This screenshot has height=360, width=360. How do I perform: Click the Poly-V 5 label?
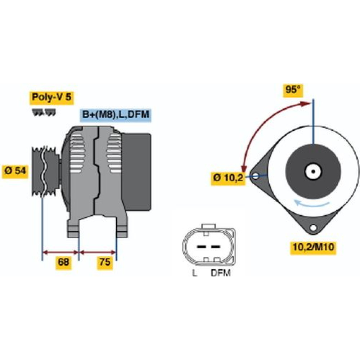51,97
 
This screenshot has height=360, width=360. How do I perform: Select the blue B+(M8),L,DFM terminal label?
116,115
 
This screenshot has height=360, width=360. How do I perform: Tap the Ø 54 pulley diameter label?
15,171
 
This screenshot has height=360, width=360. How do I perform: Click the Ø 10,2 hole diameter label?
228,178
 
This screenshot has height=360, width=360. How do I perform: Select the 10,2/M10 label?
313,248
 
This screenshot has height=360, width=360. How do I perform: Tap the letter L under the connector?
194,273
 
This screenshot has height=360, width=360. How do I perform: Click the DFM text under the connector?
220,273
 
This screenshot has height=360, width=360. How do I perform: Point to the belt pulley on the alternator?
45,171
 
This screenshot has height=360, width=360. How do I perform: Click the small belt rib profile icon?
44,112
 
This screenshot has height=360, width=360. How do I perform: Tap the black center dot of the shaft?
313,171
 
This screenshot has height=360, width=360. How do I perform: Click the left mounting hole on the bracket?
256,176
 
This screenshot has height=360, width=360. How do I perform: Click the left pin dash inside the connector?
201,247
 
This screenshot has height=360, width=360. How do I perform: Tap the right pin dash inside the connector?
216,247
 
